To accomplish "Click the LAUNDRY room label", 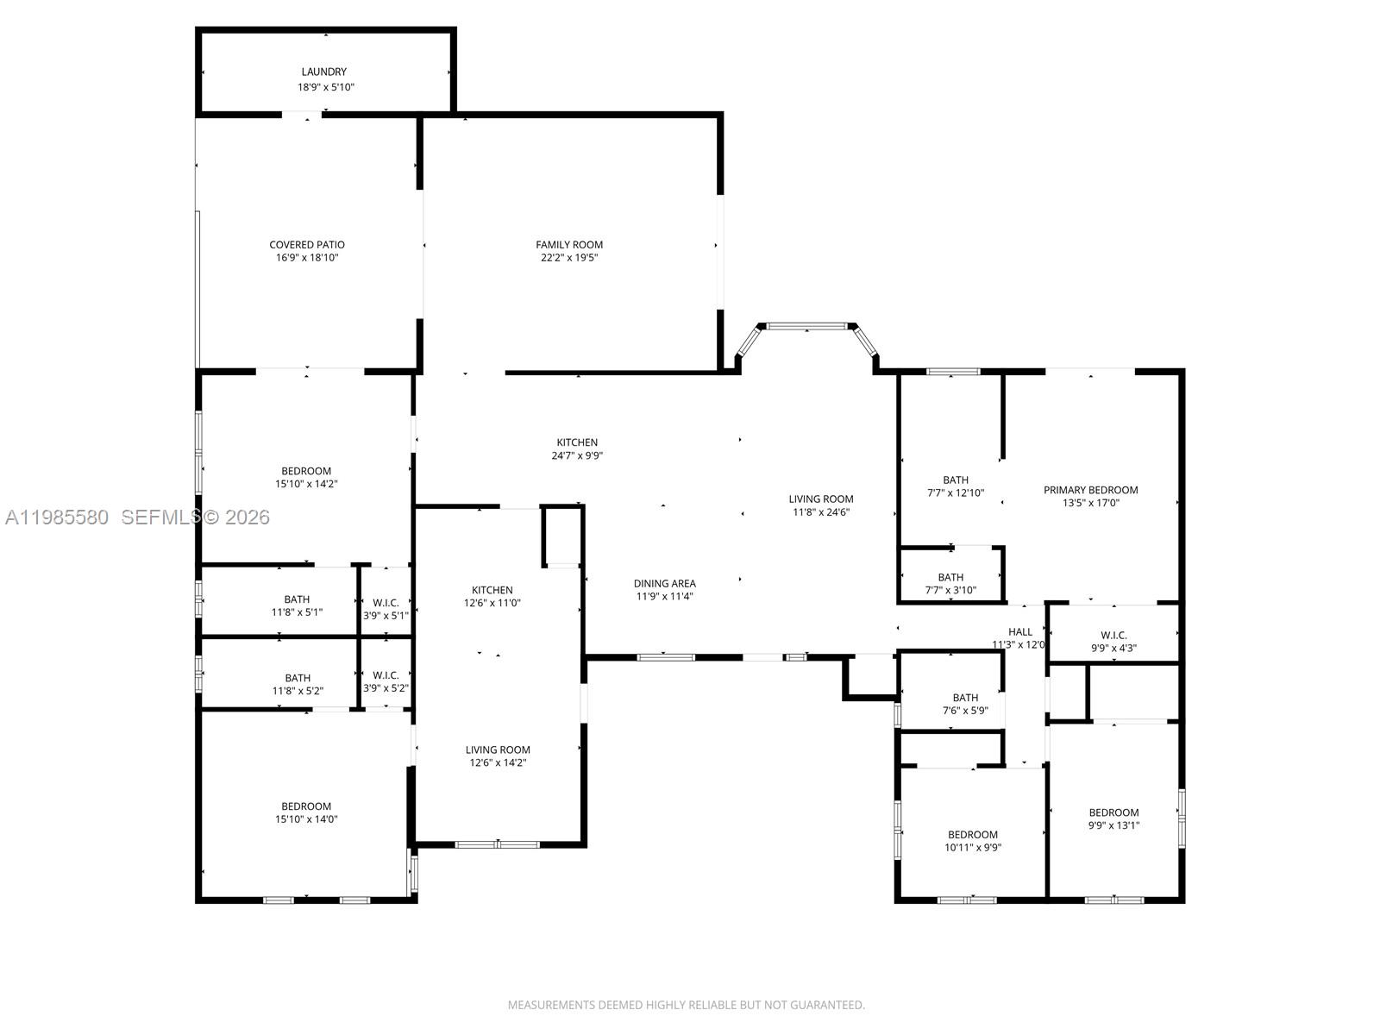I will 323,72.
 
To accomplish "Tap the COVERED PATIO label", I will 306,245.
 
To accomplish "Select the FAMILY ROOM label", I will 569,245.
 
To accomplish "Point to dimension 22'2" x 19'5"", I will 569,258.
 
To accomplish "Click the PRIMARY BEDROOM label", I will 1090,490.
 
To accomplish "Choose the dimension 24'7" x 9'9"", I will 577,455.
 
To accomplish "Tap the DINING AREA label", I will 664,584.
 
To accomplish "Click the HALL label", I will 1020,632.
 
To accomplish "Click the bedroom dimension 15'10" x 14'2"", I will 306,484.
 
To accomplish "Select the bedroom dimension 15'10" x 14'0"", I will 306,819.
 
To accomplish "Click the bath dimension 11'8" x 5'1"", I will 297,612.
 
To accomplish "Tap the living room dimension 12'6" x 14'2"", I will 498,762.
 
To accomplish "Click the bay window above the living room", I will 807,326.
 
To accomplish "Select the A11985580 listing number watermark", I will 57,517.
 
